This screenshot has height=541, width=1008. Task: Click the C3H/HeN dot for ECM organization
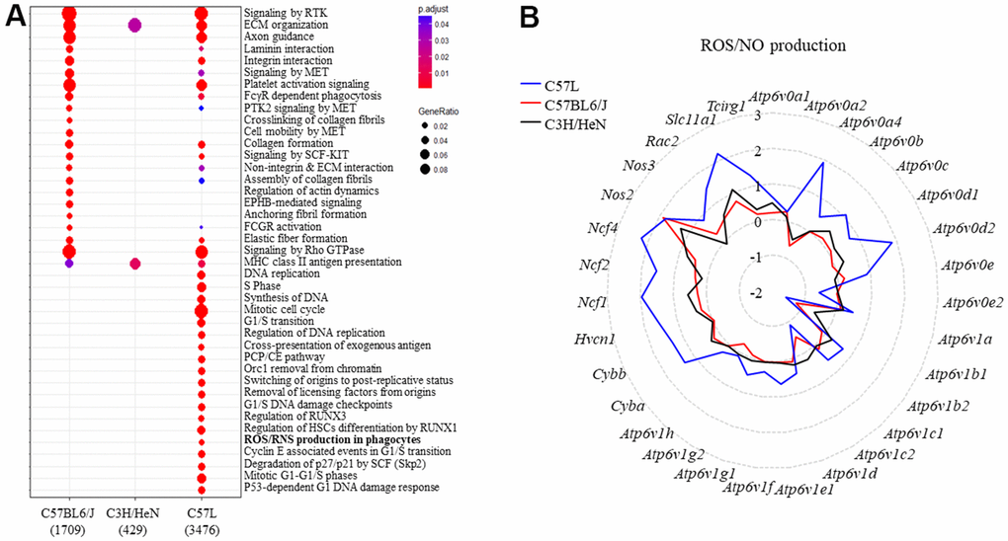click(134, 25)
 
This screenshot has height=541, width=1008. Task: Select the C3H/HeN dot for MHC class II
click(135, 264)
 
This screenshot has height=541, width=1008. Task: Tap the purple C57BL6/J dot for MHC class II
click(69, 264)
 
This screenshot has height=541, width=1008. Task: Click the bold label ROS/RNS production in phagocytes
click(332, 440)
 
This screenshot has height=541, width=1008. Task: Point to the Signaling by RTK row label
click(286, 13)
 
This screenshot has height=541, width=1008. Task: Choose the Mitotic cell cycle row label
click(285, 310)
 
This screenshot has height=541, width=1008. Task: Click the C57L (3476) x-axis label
click(202, 521)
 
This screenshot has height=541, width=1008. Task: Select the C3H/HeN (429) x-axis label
click(133, 521)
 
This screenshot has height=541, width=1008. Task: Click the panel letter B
click(529, 18)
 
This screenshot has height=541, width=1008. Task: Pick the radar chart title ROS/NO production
click(773, 45)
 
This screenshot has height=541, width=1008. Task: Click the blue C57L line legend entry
click(550, 86)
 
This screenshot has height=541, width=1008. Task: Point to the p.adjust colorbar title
click(433, 10)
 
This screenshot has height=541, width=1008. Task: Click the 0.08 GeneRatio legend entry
click(433, 170)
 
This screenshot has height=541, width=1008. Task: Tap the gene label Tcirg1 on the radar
click(725, 107)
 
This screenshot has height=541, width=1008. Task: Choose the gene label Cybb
click(609, 374)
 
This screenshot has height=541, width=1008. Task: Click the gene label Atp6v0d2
click(965, 228)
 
